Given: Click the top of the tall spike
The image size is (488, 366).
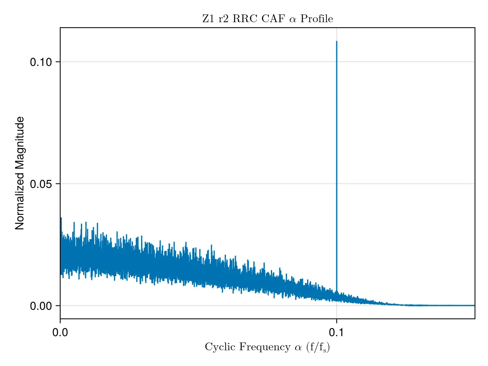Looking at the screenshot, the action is pos(336,41).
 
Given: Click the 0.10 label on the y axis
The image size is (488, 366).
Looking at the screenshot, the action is pos(41,62).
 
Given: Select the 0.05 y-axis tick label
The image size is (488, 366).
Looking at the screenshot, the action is pos(41,184).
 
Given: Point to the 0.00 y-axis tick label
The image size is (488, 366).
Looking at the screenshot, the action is pos(41,306).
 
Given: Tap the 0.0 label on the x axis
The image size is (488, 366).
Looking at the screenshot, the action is pos(60,333).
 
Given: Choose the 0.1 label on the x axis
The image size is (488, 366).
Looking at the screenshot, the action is pos(336,333).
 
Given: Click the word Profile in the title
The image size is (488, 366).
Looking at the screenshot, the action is pos(316,19).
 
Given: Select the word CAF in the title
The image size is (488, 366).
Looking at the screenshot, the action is pos(273,19).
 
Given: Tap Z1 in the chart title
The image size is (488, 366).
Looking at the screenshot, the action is pos(208,19).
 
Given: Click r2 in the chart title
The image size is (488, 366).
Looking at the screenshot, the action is pos(223,19).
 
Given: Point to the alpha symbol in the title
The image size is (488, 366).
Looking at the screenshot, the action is pos(292,20).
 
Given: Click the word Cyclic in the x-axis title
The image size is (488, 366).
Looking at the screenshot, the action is pos(220,347).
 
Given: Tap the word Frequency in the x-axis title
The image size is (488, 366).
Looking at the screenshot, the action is pos(265,347).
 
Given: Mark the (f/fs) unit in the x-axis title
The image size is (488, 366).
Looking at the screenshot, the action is pos(318,347).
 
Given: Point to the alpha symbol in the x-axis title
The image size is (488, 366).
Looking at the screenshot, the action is pos(298,348).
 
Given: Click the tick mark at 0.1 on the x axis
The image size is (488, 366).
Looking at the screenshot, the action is pos(336,321).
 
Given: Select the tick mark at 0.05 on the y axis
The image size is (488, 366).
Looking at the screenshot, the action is pos(58,183).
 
